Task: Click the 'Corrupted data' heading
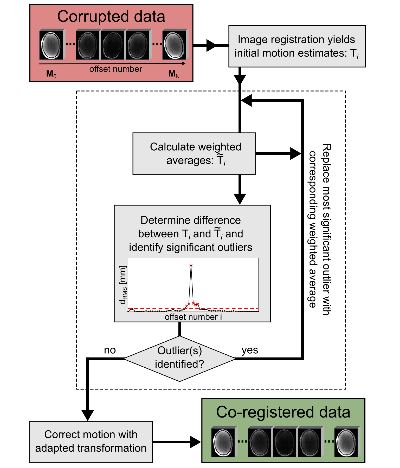(x=111, y=17)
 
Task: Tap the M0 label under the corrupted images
(x=51, y=74)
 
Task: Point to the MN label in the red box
(x=174, y=74)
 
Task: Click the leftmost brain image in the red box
(x=51, y=44)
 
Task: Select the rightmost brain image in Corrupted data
(x=175, y=44)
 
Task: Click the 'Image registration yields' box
(x=297, y=46)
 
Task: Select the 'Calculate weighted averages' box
(x=194, y=154)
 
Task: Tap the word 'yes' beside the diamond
(x=250, y=350)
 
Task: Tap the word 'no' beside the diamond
(x=110, y=350)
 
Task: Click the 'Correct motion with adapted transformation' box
(x=91, y=442)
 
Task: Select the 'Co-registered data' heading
(x=283, y=412)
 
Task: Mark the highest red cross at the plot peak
(x=191, y=265)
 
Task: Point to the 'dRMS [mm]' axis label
(x=123, y=285)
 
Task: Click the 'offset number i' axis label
(x=193, y=317)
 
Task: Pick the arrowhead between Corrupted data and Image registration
(x=211, y=45)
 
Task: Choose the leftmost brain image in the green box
(x=223, y=442)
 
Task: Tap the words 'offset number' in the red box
(x=116, y=69)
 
